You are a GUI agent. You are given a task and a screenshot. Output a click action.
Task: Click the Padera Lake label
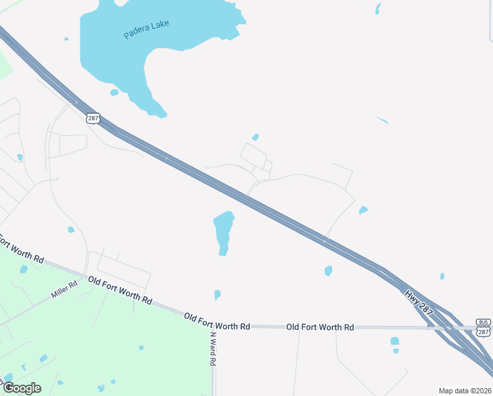tap(146, 30)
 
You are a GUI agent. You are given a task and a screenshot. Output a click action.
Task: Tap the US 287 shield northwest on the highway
tap(92, 117)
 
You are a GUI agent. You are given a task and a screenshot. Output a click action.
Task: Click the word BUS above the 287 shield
tap(484, 323)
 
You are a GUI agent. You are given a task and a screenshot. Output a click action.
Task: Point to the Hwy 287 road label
tap(419, 301)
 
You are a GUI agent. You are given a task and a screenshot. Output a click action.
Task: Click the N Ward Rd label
tap(214, 348)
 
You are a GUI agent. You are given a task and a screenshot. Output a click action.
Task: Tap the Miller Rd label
tap(64, 290)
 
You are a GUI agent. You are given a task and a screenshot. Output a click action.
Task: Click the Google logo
tap(21, 387)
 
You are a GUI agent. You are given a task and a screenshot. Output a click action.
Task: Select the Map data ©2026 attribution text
tap(464, 391)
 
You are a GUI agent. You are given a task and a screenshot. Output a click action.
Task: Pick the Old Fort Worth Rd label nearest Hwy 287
tap(320, 327)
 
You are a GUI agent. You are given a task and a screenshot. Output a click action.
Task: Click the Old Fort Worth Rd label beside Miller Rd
tap(120, 290)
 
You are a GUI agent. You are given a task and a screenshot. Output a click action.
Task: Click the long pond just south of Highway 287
tap(224, 231)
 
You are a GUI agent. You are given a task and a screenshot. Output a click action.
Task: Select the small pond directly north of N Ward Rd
tap(217, 294)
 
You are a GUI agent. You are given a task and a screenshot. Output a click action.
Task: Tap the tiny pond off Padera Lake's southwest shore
tap(114, 92)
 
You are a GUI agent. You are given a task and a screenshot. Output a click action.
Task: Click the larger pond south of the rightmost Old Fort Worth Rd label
tap(394, 341)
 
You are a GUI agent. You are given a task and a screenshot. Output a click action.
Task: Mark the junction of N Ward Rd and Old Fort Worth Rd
tap(212, 325)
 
